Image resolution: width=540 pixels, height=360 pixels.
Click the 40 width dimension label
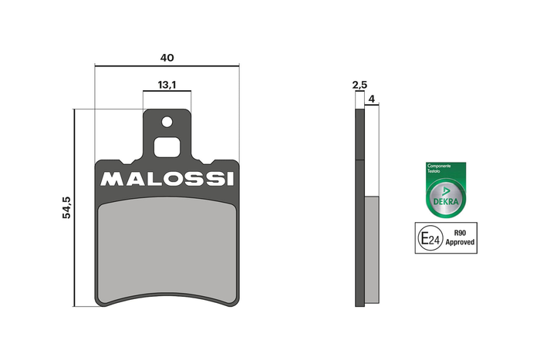pos(167,58)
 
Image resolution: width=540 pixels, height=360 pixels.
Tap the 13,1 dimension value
pos(167,85)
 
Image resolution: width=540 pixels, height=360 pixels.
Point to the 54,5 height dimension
pos(66,207)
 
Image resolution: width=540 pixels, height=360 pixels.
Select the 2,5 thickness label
pos(360,85)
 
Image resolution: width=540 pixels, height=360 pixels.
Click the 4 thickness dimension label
pos(372,99)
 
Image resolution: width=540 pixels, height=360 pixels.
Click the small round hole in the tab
pos(167,122)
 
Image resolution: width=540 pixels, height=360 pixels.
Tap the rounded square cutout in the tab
pos(167,147)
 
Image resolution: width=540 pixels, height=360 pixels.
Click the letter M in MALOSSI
pos(110,179)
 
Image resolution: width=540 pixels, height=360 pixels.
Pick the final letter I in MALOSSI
pos(231,179)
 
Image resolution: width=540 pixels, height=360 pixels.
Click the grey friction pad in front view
pos(167,251)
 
